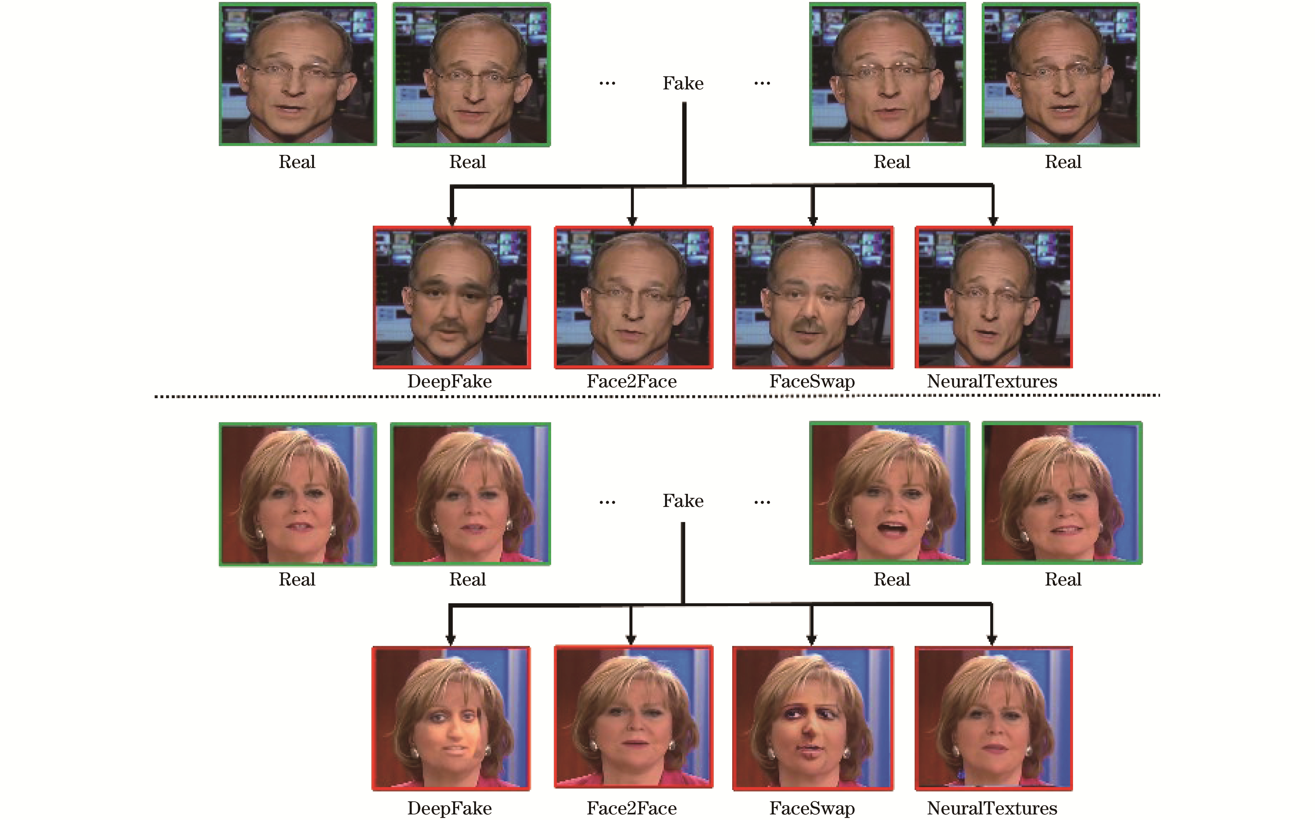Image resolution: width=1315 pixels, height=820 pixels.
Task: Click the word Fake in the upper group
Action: pos(683,84)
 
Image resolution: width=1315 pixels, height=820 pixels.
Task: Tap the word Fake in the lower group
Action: pos(683,501)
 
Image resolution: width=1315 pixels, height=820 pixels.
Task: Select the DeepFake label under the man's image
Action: pos(450,381)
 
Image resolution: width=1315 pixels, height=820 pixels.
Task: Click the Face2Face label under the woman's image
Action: pos(632,809)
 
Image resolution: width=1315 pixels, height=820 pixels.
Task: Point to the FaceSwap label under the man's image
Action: pos(812,381)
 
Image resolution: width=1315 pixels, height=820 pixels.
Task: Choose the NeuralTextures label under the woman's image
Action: pos(992,809)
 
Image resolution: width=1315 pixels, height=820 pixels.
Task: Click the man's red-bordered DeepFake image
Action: pos(452,297)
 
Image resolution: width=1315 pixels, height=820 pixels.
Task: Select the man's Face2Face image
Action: pos(633,297)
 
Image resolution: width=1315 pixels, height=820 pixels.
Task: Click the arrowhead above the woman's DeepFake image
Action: pos(450,640)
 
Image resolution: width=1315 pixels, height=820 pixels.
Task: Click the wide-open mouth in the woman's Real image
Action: pos(892,528)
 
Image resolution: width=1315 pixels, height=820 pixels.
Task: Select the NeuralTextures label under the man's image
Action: pos(992,381)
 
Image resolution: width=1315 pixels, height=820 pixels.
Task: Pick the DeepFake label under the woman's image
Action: pos(450,809)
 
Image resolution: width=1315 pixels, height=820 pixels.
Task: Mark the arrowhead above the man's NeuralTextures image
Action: pos(993,220)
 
